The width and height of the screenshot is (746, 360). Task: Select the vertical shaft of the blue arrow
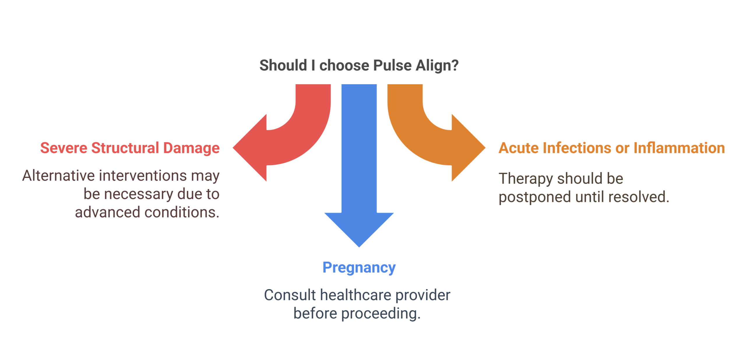[359, 146]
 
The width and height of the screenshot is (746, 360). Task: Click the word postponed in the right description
[533, 199]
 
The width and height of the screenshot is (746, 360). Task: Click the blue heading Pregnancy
[359, 270]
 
